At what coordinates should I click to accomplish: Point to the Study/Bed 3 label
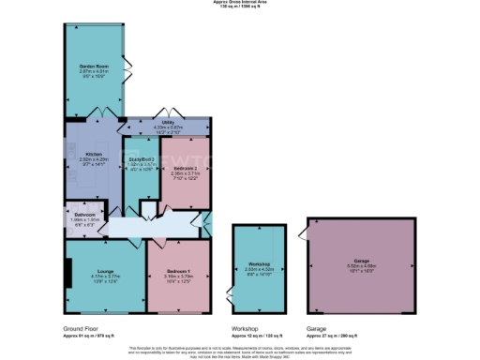pos(141,160)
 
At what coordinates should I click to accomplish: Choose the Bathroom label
pos(85,214)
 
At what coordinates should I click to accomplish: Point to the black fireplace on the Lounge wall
pos(67,272)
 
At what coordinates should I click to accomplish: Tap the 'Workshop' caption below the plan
pos(246,329)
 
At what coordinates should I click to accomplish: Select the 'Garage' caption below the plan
pos(317,329)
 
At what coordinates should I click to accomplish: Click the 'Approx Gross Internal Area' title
pos(240,3)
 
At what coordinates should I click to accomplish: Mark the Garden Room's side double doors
pos(126,70)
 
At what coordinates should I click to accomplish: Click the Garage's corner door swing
pos(303,229)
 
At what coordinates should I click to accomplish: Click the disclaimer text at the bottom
pos(240,351)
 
